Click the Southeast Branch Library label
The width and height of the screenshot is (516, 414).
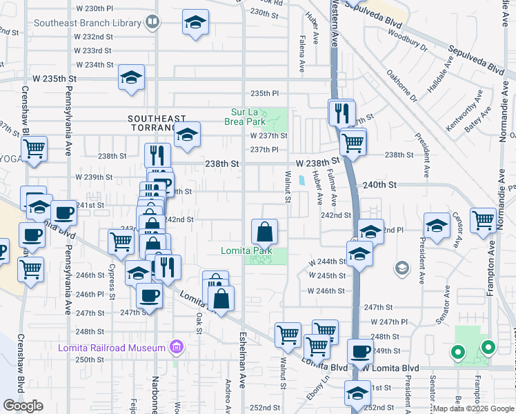[x=87, y=23]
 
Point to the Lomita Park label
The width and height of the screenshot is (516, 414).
[x=247, y=250]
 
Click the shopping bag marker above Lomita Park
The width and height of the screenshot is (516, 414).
[x=264, y=231]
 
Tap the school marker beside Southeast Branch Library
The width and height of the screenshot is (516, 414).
[x=196, y=23]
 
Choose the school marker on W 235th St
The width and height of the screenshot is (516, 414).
[x=131, y=79]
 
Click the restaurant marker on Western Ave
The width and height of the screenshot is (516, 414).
[x=341, y=112]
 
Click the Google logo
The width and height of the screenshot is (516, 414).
[x=23, y=406]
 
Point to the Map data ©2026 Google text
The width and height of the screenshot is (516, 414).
[x=473, y=408]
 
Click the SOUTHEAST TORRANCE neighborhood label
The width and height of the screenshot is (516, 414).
[x=157, y=124]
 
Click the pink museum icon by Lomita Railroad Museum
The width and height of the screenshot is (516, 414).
[x=177, y=346]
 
